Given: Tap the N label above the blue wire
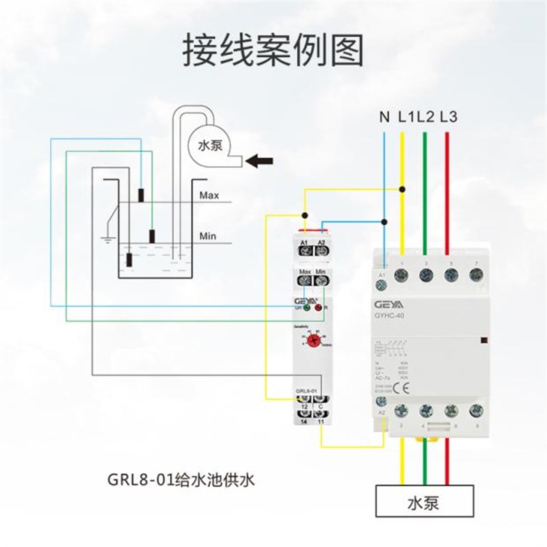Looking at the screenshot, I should (x=384, y=117).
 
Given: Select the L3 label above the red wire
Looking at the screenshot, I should (x=448, y=117).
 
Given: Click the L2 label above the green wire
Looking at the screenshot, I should (x=426, y=117).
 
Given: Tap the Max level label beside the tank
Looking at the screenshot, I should (x=209, y=196).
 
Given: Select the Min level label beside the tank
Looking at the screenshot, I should (x=208, y=237).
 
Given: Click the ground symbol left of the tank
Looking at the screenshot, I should (x=107, y=239).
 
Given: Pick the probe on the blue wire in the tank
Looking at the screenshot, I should (x=142, y=194).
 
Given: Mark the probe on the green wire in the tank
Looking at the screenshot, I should (x=152, y=237).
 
